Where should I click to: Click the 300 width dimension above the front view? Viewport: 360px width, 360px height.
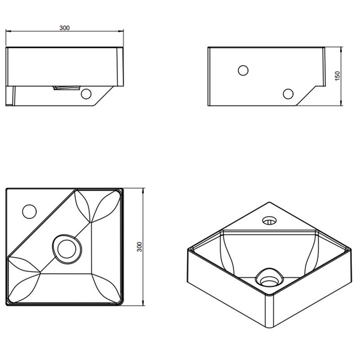point(64,28)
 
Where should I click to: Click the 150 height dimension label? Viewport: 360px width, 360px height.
point(337,76)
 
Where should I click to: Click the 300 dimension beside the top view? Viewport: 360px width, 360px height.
point(139,247)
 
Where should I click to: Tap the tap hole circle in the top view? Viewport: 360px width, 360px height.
point(29,211)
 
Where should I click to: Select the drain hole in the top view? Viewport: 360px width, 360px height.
point(67,249)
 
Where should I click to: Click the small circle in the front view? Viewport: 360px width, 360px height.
point(86,94)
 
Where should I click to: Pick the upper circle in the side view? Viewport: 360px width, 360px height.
point(243,70)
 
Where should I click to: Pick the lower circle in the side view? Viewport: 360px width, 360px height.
point(288,94)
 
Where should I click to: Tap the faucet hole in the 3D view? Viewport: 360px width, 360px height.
point(270,220)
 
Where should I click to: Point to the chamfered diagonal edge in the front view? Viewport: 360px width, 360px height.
point(103,96)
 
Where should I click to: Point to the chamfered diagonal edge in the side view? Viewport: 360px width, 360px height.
point(306,96)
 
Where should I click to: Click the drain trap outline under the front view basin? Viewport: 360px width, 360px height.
point(67,88)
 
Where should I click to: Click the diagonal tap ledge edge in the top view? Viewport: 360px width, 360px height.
point(41,223)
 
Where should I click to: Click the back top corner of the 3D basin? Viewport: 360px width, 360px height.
point(270,202)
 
